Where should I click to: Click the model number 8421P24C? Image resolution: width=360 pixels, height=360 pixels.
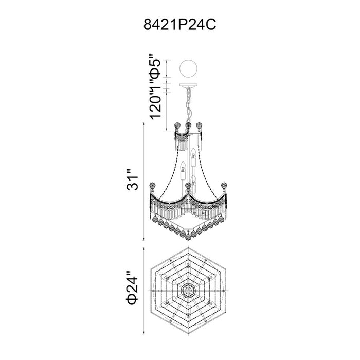click(180, 25)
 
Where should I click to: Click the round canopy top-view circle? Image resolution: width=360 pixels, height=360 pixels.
click(188, 68)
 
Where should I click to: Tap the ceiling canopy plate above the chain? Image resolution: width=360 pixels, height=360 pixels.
click(188, 86)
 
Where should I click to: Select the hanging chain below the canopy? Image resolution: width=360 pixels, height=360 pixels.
click(189, 105)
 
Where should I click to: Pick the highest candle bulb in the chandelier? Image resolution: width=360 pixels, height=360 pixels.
click(193, 152)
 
